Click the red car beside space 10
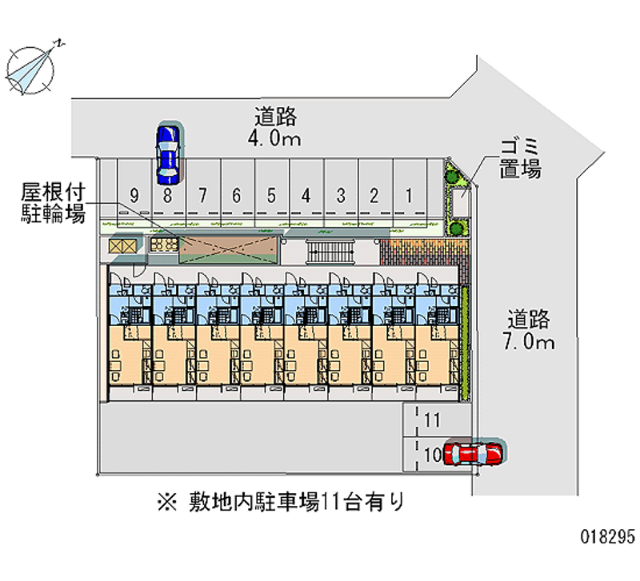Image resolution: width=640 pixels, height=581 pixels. (x=474, y=453)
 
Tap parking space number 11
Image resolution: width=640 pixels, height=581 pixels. (x=433, y=420)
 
